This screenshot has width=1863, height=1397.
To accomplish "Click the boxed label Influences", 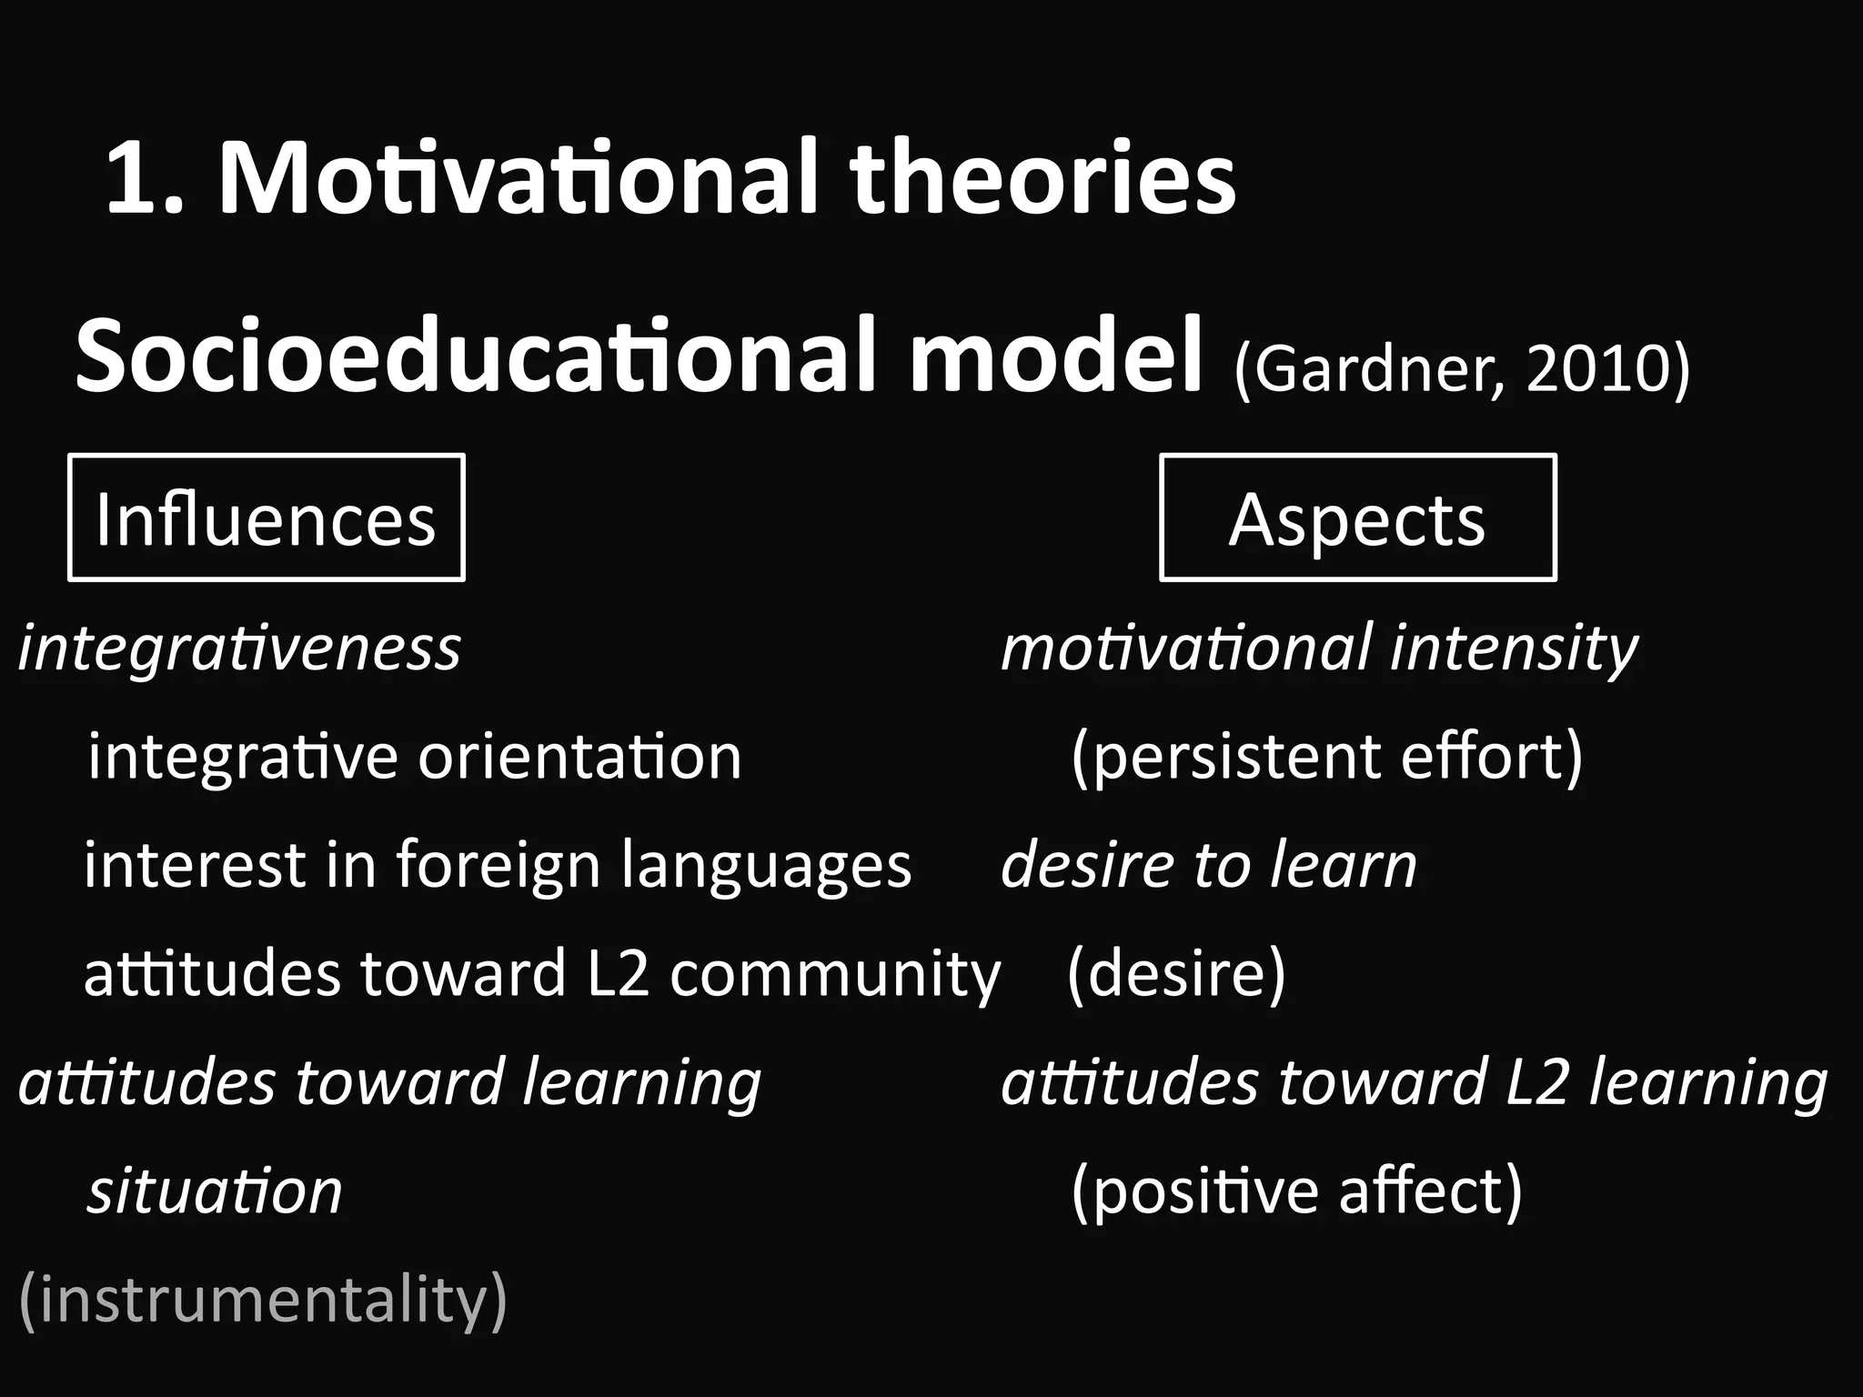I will (x=266, y=518).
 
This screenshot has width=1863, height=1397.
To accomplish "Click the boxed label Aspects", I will (x=1356, y=518).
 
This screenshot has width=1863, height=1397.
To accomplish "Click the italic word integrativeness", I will (x=239, y=648).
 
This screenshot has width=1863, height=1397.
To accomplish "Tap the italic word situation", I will (x=215, y=1191).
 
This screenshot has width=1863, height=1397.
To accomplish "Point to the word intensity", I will (x=1513, y=648).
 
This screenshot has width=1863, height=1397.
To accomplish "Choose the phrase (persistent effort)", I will (x=1327, y=756).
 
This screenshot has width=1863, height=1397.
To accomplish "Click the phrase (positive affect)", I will (x=1296, y=1191).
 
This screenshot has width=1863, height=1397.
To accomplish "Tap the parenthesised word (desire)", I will (x=1176, y=973).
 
